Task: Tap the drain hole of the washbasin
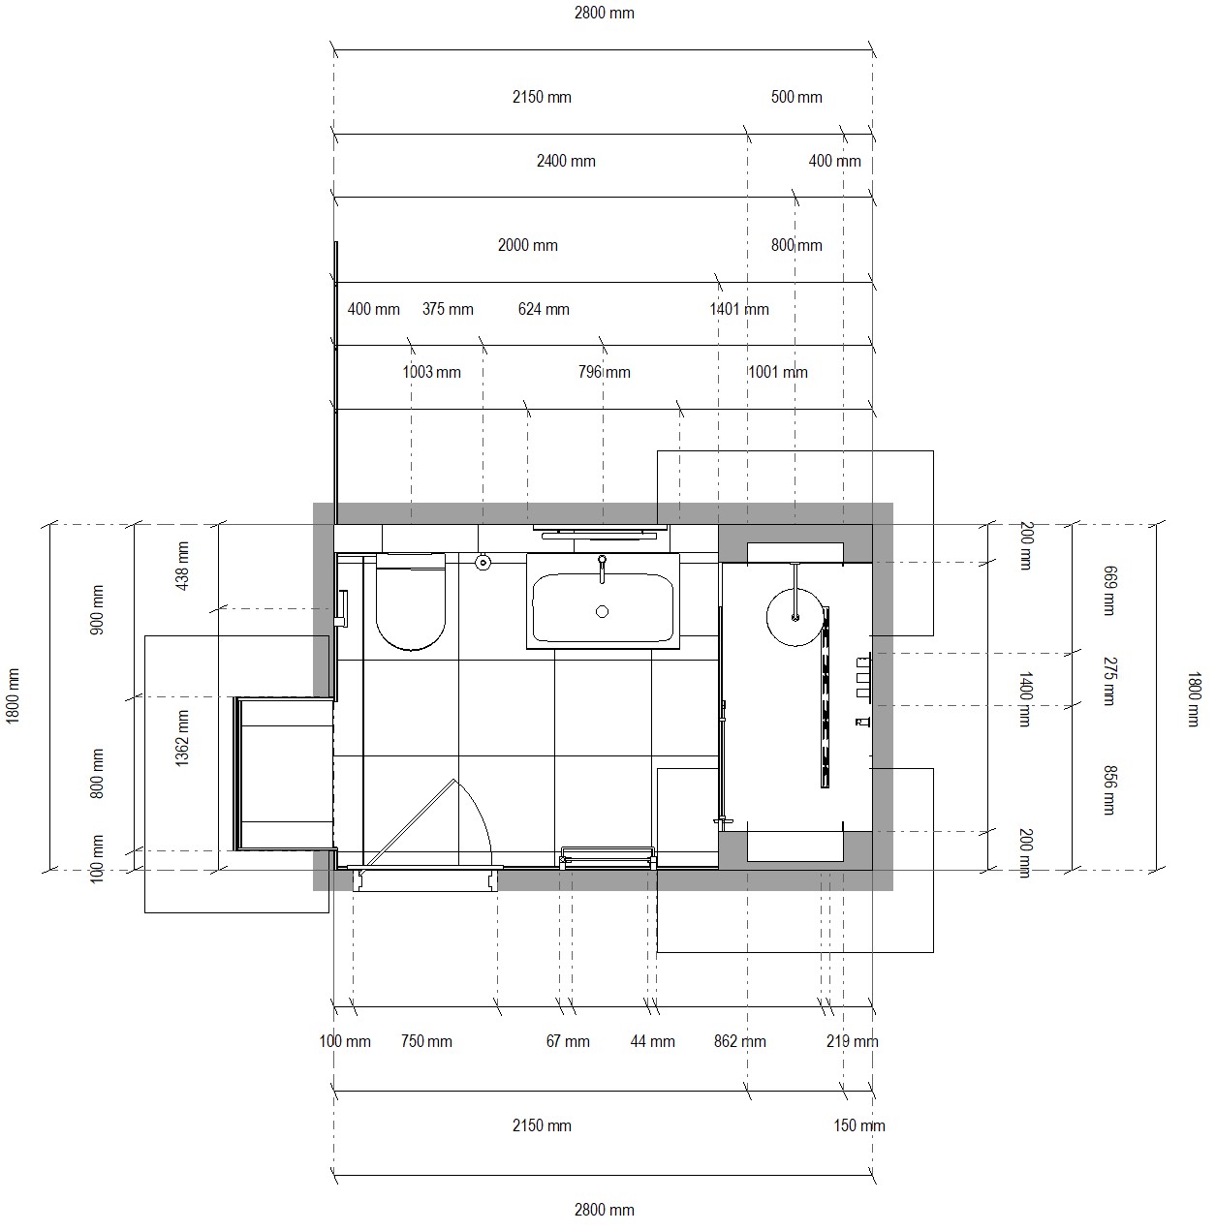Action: pyautogui.click(x=602, y=612)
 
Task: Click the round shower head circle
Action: pyautogui.click(x=795, y=618)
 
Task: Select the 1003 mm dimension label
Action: pyautogui.click(x=432, y=372)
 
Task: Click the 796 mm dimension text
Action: pyautogui.click(x=605, y=372)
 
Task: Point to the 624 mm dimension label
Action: pyautogui.click(x=544, y=309)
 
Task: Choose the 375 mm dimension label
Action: pyautogui.click(x=448, y=309)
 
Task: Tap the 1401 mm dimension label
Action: pyautogui.click(x=739, y=309)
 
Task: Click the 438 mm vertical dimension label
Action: pyautogui.click(x=183, y=566)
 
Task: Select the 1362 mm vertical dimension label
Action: pyautogui.click(x=183, y=738)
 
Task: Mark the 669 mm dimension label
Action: pyautogui.click(x=1109, y=591)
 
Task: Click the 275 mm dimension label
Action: pyautogui.click(x=1109, y=682)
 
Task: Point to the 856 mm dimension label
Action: pyautogui.click(x=1109, y=790)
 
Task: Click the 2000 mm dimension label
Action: pyautogui.click(x=528, y=245)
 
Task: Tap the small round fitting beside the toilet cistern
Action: pyautogui.click(x=483, y=563)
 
